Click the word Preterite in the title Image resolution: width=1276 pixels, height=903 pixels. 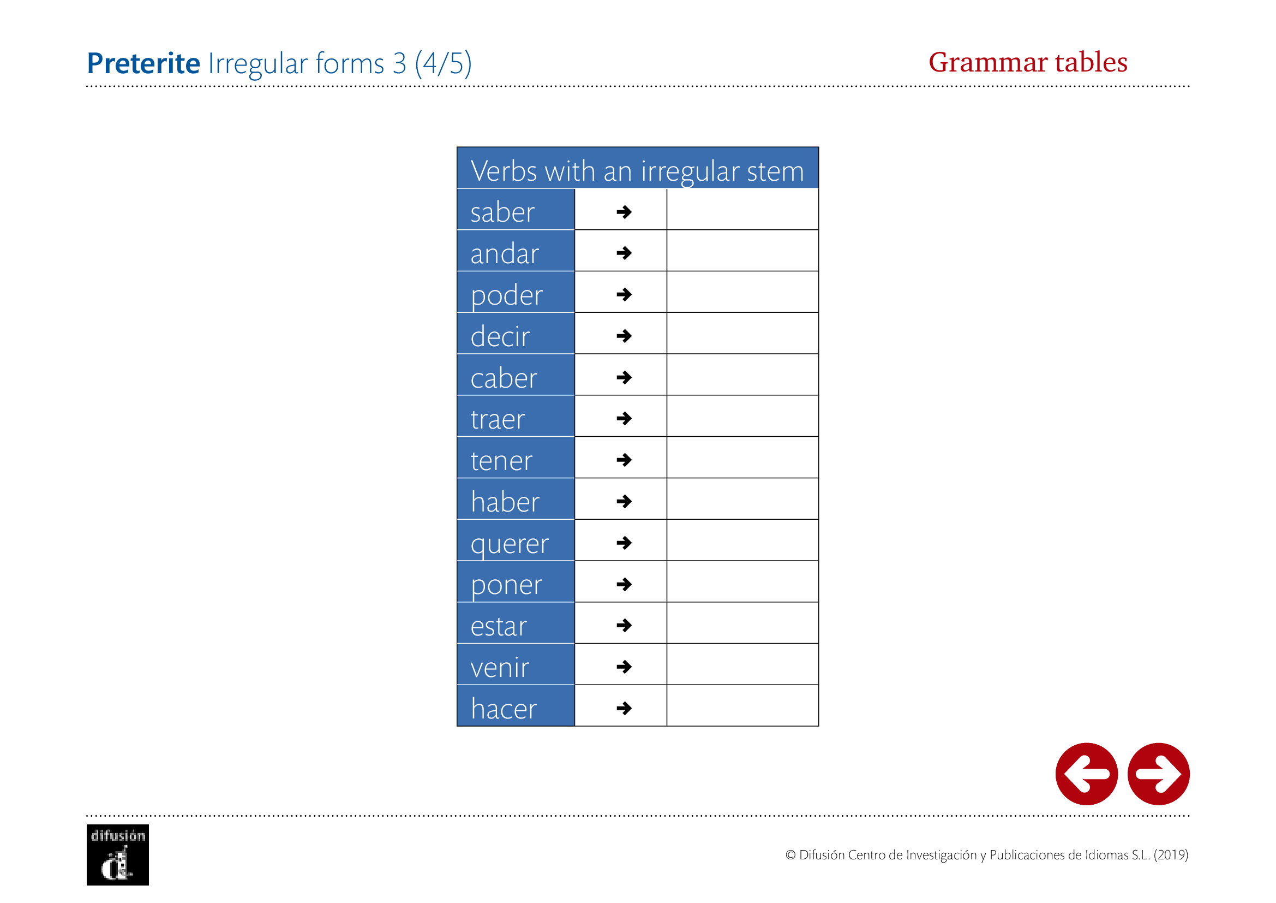click(x=143, y=63)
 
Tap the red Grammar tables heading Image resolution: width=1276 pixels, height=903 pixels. click(x=1028, y=62)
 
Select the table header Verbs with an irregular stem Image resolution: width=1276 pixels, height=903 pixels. click(x=637, y=171)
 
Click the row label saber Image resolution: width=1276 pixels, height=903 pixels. click(x=502, y=212)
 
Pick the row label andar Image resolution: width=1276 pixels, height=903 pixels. click(x=505, y=253)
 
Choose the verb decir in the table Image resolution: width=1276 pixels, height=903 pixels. click(x=500, y=336)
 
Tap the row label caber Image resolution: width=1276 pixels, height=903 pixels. click(x=504, y=378)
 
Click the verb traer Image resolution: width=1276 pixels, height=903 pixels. click(x=498, y=419)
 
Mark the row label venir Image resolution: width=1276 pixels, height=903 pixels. click(x=500, y=667)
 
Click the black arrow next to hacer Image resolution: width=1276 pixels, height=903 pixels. click(x=624, y=709)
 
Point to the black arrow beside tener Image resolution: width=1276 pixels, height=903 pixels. click(x=624, y=460)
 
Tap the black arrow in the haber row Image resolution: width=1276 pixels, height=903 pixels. click(x=624, y=502)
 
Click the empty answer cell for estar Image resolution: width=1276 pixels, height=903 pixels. click(x=742, y=623)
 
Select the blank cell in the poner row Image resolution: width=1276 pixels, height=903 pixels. click(x=742, y=581)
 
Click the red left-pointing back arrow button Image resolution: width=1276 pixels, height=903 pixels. click(x=1087, y=774)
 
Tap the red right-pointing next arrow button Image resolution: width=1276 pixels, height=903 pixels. click(x=1159, y=774)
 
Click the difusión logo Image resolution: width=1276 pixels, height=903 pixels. click(x=118, y=854)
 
